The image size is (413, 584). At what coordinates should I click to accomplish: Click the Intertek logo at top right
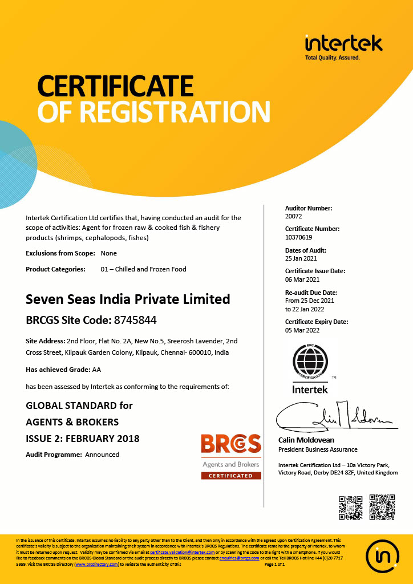(343, 46)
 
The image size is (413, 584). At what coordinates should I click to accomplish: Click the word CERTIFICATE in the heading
(115, 86)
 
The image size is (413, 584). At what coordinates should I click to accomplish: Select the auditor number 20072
(294, 217)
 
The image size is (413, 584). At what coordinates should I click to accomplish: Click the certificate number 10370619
(299, 237)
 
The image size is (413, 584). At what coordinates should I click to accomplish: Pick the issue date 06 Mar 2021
(302, 279)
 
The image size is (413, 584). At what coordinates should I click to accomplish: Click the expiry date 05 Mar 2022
(302, 330)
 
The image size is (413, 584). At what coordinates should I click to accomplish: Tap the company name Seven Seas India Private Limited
(128, 299)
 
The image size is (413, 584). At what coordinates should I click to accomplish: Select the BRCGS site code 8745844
(136, 320)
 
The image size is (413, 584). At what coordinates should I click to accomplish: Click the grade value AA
(96, 370)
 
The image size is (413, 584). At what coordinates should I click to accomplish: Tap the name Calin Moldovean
(306, 440)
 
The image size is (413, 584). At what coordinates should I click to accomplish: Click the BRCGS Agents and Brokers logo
(231, 456)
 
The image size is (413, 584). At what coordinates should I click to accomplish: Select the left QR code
(350, 507)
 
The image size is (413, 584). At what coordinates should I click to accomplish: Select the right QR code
(382, 507)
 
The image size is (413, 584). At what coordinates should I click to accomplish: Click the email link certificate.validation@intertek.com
(183, 553)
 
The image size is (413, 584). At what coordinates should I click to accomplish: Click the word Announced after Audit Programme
(102, 455)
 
